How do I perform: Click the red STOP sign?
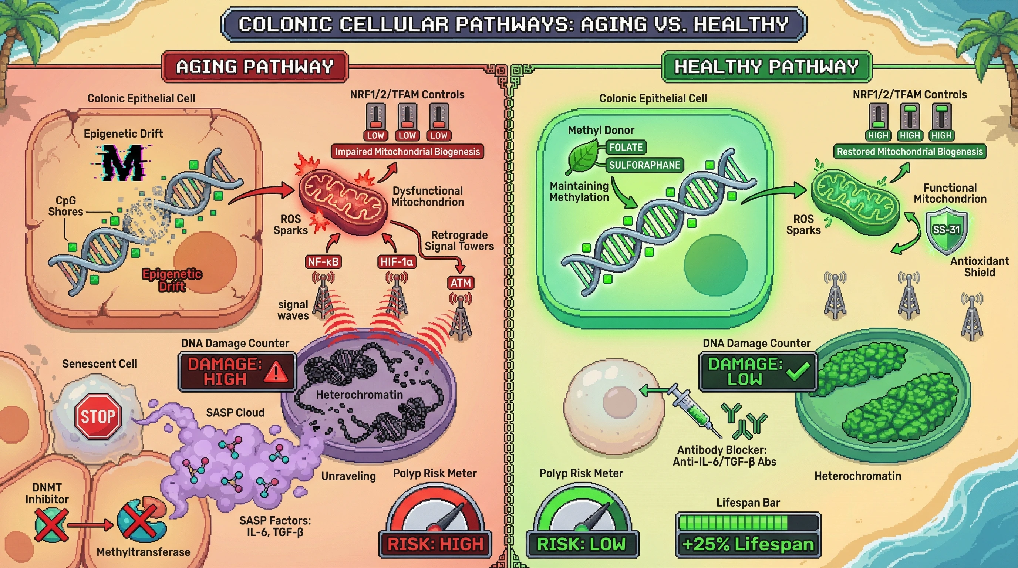(98, 416)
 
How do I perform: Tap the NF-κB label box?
(323, 261)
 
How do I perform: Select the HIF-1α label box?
(397, 261)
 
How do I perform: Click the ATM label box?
(461, 283)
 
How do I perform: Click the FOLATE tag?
(626, 147)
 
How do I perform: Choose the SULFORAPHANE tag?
(644, 165)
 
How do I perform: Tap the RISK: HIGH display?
(435, 544)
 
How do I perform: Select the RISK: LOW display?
(582, 544)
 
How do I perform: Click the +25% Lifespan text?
(748, 544)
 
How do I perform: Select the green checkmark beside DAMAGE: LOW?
(798, 371)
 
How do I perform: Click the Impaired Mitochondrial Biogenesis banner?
(407, 152)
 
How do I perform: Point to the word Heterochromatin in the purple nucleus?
(359, 395)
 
